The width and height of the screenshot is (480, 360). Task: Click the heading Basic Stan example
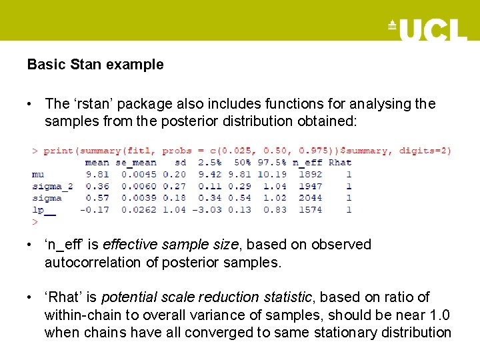pos(95,65)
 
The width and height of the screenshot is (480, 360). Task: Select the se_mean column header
pos(136,162)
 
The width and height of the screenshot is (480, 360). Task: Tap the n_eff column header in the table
pos(307,162)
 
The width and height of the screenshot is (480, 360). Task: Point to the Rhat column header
pos(340,162)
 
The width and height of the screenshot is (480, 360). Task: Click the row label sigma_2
pos(52,186)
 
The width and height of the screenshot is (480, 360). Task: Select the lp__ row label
pos(44,210)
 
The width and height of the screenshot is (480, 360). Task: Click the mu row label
pos(38,174)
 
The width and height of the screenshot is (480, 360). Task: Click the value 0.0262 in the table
pos(139,210)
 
